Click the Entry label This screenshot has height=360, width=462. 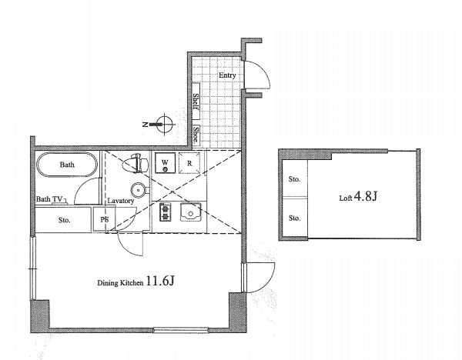[x=227, y=75]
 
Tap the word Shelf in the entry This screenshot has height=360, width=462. [x=196, y=102]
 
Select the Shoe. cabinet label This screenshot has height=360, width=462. [x=196, y=135]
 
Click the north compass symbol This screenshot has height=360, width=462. [x=161, y=124]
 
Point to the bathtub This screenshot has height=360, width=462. [x=67, y=165]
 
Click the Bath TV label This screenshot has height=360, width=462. [x=49, y=199]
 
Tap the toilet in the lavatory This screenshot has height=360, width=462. [x=135, y=163]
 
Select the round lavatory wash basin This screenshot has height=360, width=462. [x=139, y=191]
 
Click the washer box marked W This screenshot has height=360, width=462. [x=166, y=163]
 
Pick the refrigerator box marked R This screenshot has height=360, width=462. [x=189, y=163]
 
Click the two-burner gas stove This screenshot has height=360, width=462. [x=165, y=212]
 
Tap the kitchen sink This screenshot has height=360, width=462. [x=191, y=212]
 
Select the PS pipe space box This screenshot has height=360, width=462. [x=104, y=219]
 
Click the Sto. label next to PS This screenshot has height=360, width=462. [x=64, y=220]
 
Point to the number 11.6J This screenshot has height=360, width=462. [x=160, y=281]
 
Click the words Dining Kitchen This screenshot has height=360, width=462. [x=120, y=283]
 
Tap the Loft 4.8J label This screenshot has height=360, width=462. [x=358, y=196]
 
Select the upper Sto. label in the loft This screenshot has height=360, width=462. [x=294, y=179]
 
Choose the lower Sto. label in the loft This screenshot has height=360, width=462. [x=294, y=218]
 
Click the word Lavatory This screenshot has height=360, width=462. [x=121, y=201]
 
